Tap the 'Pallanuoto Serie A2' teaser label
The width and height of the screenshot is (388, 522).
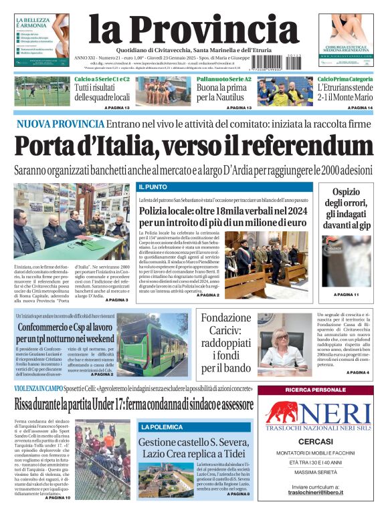(223, 79)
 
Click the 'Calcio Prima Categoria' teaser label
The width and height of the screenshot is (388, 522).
(345, 79)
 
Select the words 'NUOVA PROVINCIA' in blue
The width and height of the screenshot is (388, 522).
(60, 124)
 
